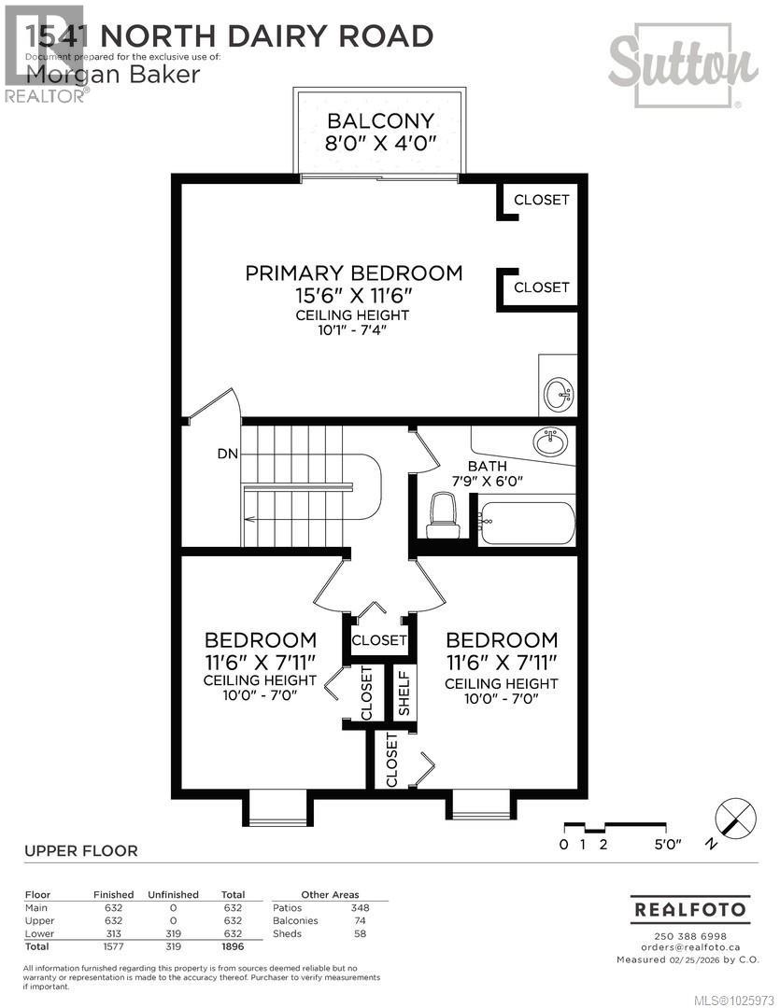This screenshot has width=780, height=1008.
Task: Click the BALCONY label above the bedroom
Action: click(379, 120)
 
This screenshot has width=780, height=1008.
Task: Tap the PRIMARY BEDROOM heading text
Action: click(354, 273)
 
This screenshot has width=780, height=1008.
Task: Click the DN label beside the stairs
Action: click(227, 454)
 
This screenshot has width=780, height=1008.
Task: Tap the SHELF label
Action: click(404, 693)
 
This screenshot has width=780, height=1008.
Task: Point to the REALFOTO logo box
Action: click(690, 908)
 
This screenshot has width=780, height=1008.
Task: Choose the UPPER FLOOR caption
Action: click(80, 850)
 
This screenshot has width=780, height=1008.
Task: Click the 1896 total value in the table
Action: click(232, 946)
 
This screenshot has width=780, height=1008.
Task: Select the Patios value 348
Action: click(360, 907)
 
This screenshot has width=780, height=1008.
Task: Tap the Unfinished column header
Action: click(173, 894)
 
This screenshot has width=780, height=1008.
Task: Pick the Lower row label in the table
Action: click(40, 933)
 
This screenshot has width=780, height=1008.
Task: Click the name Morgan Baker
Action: click(113, 73)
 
